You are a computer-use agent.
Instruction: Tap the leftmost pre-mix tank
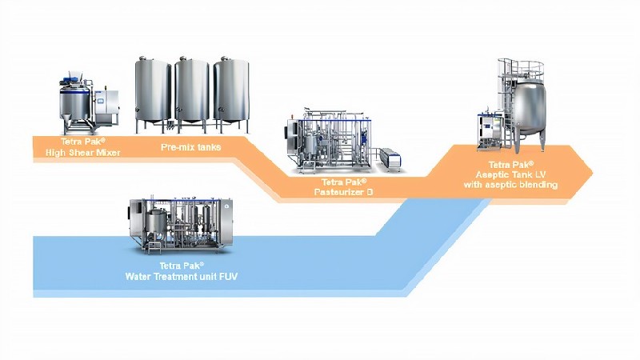pyautogui.click(x=152, y=92)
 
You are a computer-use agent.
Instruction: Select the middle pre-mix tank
pyautogui.click(x=192, y=92)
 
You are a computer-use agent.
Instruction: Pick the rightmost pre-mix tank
pyautogui.click(x=231, y=92)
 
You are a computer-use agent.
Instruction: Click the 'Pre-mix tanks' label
pyautogui.click(x=190, y=146)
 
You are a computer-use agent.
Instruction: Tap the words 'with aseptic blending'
pyautogui.click(x=511, y=185)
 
